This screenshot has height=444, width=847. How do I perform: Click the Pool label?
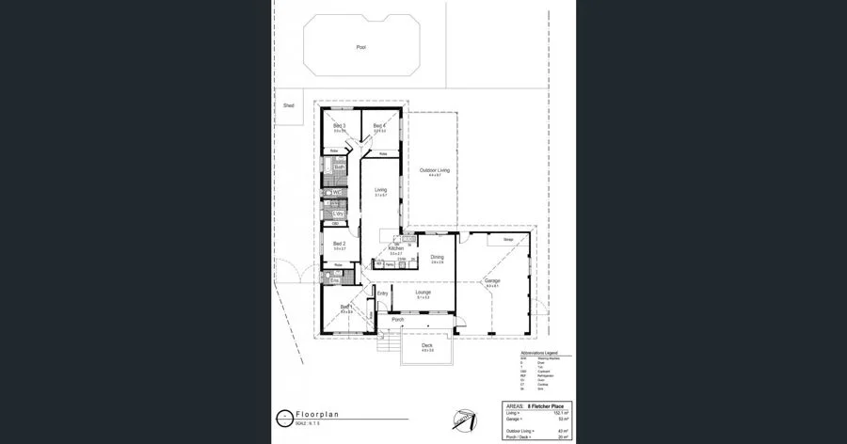point(360,47)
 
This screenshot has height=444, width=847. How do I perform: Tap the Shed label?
point(289,105)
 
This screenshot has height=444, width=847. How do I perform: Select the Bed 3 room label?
point(340,126)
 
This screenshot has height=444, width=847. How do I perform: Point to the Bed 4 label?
point(379,126)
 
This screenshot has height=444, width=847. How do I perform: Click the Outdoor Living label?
point(434,170)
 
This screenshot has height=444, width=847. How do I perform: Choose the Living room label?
point(380,190)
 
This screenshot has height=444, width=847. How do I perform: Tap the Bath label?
point(339,167)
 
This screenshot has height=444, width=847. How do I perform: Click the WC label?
point(336,193)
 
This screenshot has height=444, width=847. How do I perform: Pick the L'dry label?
point(338,214)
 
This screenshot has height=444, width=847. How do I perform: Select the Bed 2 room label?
point(340,244)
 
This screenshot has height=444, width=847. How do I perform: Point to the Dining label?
point(437,257)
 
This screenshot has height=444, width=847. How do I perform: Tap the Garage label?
point(491,281)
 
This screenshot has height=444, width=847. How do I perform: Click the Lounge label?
point(423,293)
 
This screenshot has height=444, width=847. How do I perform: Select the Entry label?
point(382,293)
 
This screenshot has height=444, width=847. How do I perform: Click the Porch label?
point(397,320)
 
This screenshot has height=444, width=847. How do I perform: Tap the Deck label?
point(426,346)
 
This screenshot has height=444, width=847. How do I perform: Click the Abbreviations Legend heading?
point(539,354)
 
